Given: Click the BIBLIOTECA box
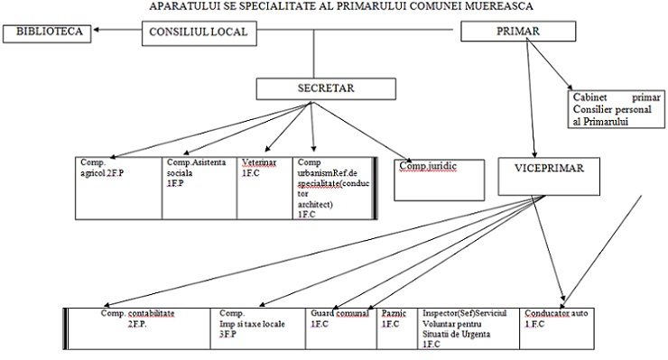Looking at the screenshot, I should (46, 33).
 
